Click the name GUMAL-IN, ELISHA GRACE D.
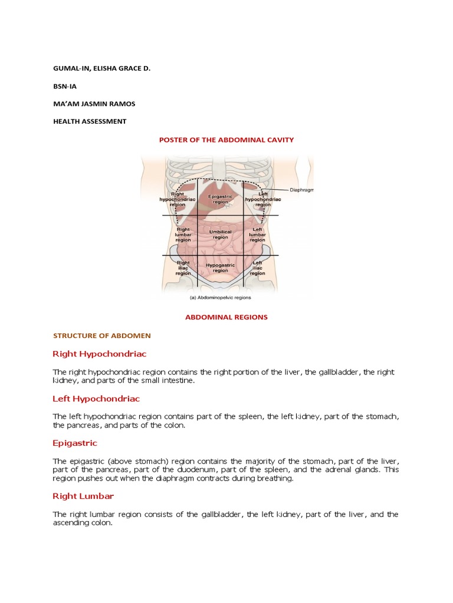101,68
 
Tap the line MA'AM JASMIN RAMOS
94,104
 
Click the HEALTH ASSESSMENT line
90,121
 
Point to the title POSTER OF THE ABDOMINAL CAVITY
226,140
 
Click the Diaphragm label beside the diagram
302,190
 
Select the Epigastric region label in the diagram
220,198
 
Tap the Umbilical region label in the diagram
220,234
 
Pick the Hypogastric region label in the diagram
220,268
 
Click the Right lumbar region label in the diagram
183,234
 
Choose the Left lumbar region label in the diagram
257,234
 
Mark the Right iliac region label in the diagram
183,268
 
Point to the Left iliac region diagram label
257,268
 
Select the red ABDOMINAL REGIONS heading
226,317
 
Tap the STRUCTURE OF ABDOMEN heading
102,336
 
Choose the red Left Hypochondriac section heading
96,399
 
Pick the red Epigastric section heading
75,443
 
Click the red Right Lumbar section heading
83,496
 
